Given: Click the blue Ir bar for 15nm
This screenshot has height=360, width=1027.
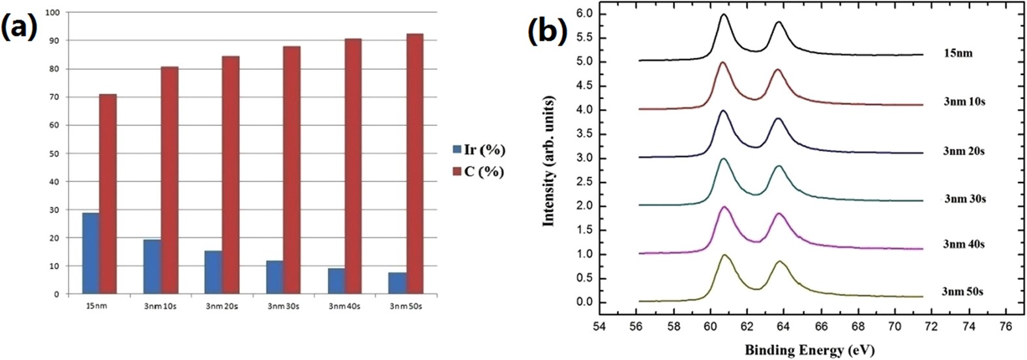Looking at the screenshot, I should click(91, 253).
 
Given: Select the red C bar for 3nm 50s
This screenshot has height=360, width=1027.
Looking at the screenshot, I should click(415, 164).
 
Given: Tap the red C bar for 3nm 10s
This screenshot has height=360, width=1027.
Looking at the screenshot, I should click(170, 180).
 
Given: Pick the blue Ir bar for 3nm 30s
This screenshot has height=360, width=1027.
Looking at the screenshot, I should click(275, 277).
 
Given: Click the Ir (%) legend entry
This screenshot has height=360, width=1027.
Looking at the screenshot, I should click(479, 150).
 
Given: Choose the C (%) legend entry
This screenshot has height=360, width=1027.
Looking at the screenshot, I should click(479, 172).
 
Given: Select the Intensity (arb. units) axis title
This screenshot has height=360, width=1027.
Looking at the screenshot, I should click(548, 160).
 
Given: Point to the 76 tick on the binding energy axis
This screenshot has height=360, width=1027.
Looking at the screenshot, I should click(1006, 324).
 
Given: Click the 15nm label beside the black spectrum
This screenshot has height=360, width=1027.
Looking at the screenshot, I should click(957, 53).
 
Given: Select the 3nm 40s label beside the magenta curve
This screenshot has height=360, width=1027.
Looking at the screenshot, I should click(963, 244).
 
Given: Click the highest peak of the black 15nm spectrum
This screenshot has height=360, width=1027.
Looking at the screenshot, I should click(724, 14).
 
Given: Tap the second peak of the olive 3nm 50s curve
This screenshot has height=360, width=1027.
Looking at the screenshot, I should click(779, 262).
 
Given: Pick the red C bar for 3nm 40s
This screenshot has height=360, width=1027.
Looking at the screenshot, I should click(353, 166).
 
